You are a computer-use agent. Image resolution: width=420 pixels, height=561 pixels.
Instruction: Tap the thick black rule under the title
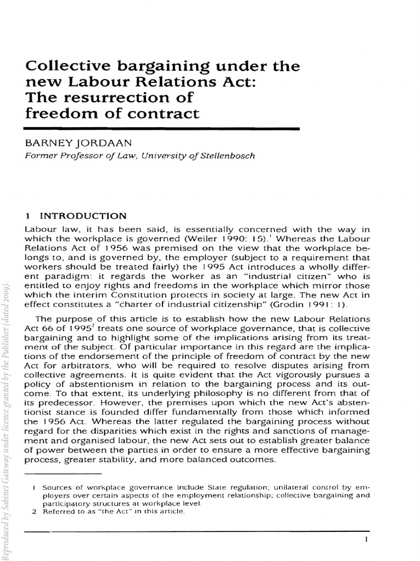162,128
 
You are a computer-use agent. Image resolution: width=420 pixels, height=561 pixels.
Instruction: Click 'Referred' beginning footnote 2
59,512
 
